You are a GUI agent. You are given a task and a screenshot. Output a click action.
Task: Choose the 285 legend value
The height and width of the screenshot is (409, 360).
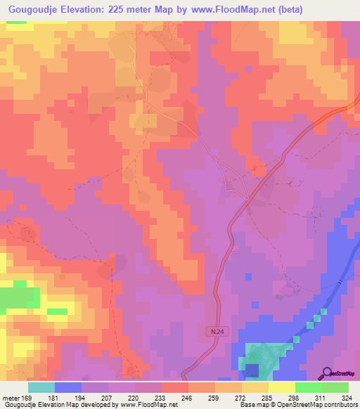coord(268,397)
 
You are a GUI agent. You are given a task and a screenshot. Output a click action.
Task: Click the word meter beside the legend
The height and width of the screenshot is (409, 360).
coord(10,397)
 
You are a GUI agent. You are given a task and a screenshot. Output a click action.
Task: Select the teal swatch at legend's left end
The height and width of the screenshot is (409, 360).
coord(41,387)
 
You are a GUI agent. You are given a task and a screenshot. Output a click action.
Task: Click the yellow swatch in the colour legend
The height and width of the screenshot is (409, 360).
coord(281,387)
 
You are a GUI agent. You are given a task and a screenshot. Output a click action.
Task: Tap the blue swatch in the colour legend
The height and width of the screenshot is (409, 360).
coord(68,387)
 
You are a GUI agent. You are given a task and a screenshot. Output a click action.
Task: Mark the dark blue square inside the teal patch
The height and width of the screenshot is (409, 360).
coord(252,370)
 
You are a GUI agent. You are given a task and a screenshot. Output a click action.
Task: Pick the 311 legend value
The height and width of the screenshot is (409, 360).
coord(321,397)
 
